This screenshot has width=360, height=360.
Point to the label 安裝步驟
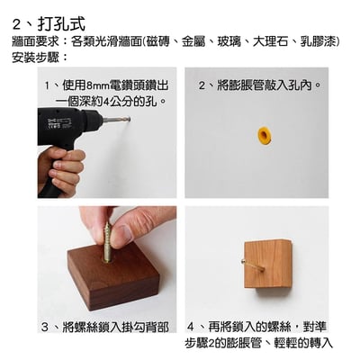click(x=34, y=57)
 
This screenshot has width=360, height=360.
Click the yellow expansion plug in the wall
click(x=264, y=135)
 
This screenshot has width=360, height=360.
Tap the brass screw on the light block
click(x=246, y=261)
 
